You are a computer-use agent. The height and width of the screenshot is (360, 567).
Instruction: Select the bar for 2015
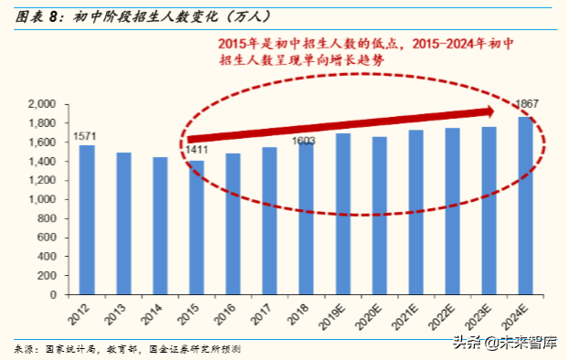196,228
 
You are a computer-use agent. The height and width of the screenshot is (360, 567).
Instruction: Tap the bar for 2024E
526,206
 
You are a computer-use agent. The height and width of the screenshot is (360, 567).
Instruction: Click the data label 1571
86,137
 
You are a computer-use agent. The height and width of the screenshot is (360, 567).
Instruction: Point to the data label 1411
196,151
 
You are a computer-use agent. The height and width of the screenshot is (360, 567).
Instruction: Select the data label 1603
304,141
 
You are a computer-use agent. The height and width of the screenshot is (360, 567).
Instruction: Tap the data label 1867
527,103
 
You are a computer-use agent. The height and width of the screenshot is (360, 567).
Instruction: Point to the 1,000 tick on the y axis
43,200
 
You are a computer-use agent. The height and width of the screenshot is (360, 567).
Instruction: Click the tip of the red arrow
494,111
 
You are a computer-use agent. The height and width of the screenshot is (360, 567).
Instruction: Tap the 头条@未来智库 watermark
509,343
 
